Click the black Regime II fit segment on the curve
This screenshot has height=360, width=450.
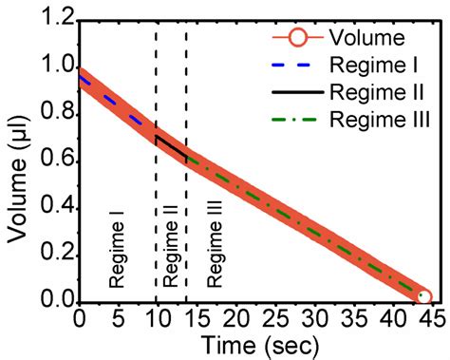point(171,146)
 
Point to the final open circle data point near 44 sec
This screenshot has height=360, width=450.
point(423,297)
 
